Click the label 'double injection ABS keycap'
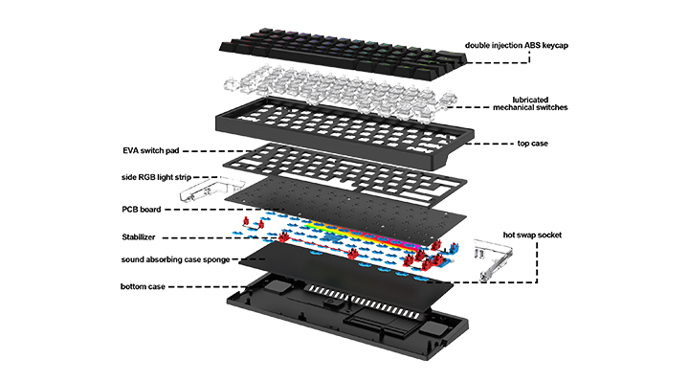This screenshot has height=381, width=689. (x=517, y=45)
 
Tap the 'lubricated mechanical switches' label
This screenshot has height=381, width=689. (x=530, y=103)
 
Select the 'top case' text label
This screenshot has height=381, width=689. (x=533, y=144)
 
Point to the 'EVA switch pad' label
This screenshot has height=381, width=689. (x=151, y=150)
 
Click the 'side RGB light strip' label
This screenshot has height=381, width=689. (x=156, y=177)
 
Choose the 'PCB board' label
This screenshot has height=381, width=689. (x=142, y=210)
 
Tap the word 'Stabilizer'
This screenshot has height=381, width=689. (x=139, y=236)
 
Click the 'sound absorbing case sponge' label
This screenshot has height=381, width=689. (x=175, y=259)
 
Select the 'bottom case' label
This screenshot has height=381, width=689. (x=143, y=286)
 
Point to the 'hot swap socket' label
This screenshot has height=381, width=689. (x=532, y=235)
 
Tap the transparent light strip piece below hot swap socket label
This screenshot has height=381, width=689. (x=492, y=259)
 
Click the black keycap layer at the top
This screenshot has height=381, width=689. (x=343, y=54)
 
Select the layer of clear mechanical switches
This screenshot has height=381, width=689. (x=341, y=92)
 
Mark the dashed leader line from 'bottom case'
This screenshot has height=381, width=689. (x=207, y=287)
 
